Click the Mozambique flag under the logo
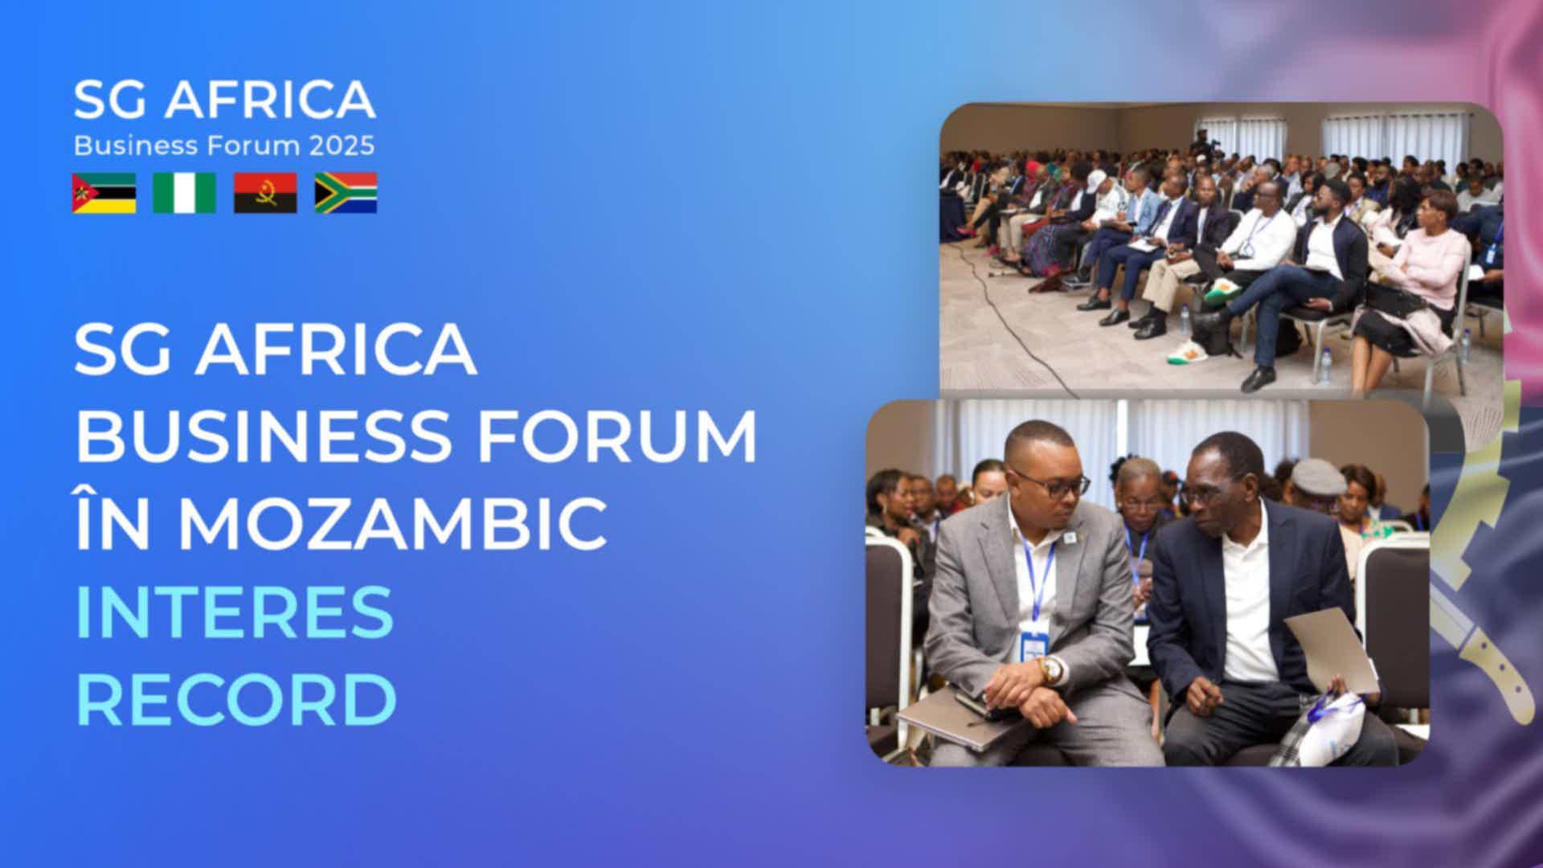[x=104, y=193]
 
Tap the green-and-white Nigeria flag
[x=185, y=193]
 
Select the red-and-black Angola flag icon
[x=265, y=193]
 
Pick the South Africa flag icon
[x=346, y=193]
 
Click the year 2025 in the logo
[x=342, y=145]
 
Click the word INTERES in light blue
[x=235, y=611]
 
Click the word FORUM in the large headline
[x=612, y=437]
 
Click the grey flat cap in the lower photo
[x=1318, y=477]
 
